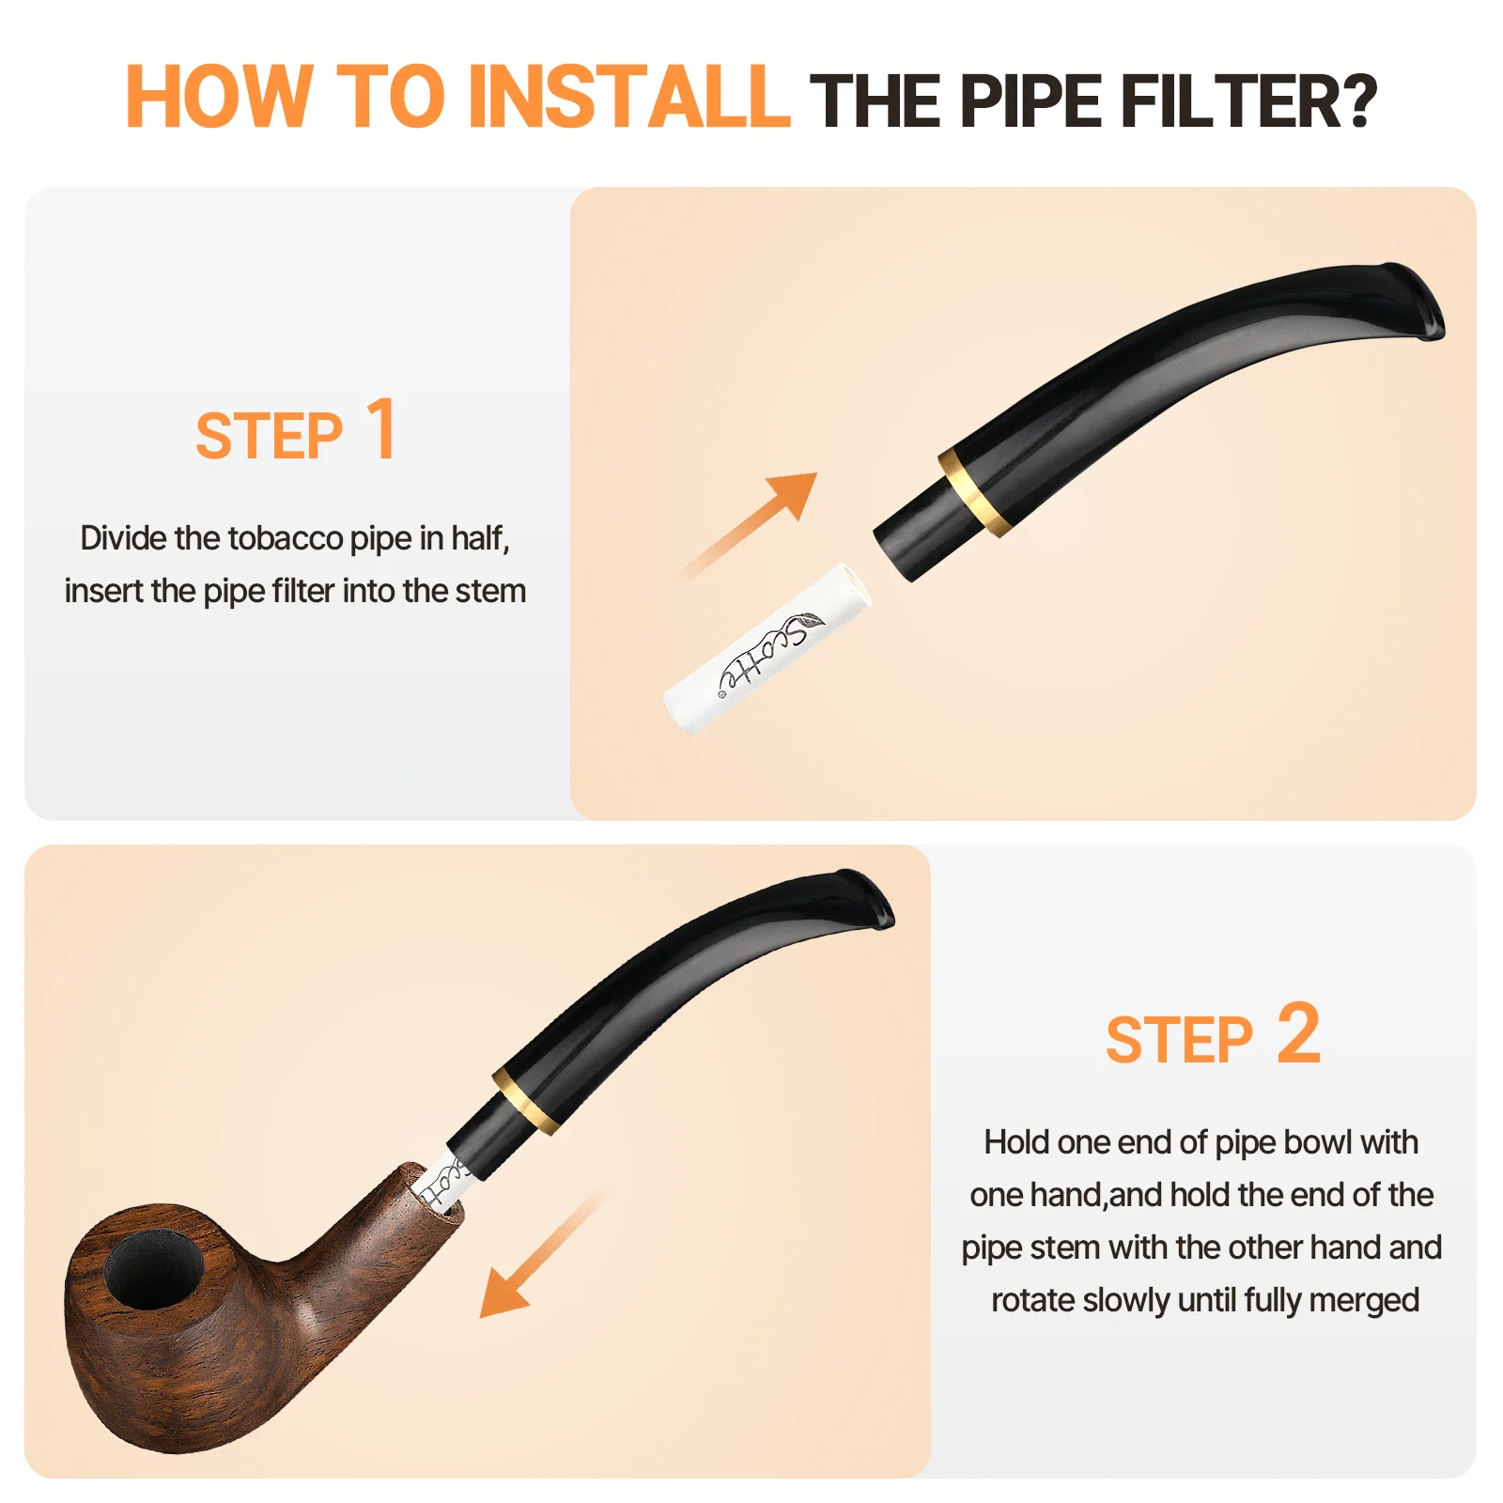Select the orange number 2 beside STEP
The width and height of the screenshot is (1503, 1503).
[x=1298, y=1032]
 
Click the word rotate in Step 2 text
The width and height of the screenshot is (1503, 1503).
[x=1033, y=1300]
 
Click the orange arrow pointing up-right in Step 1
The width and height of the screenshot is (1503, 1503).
[x=747, y=526]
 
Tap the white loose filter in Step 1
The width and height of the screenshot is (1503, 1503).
[x=767, y=649]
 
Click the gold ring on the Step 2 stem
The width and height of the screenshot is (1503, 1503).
[x=527, y=1100]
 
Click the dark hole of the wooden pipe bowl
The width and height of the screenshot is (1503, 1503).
[x=154, y=1269]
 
